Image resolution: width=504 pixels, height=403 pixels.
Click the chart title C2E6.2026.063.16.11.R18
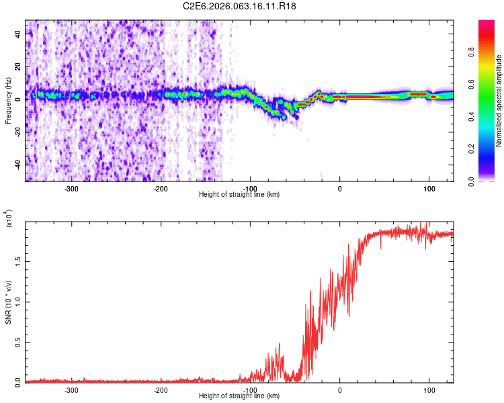[x=239, y=6]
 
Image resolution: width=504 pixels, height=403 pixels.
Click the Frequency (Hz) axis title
[x=8, y=101]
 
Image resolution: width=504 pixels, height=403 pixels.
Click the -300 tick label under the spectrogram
[x=71, y=188]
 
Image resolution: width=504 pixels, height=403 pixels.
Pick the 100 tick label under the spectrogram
[x=429, y=188]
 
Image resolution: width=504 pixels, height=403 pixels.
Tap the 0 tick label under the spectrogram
[x=339, y=188]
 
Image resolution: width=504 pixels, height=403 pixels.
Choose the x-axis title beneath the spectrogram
[x=239, y=195]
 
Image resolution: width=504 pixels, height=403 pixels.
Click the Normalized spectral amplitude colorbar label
[x=499, y=101]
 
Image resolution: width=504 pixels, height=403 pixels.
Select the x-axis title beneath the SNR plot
[x=239, y=396]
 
